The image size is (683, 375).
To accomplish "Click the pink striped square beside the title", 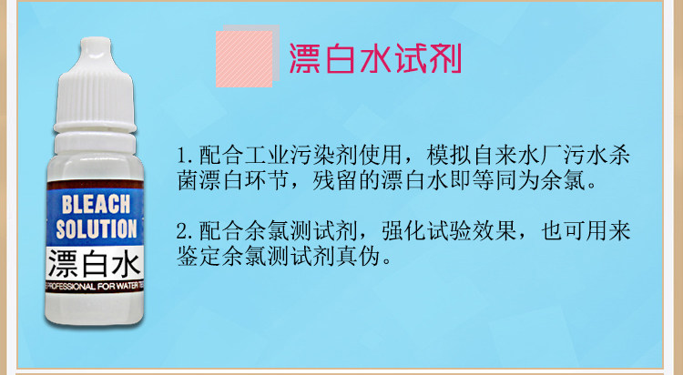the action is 244,59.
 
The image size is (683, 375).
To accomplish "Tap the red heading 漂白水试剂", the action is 375,58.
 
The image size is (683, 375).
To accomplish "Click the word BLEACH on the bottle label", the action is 96,204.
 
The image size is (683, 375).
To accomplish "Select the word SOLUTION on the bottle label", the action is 97,229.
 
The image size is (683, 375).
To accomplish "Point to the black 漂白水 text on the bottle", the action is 95,264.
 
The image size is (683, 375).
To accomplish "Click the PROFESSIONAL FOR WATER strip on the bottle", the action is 95,287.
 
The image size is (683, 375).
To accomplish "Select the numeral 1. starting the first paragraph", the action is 187,156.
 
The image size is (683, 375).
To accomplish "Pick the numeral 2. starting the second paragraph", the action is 187,231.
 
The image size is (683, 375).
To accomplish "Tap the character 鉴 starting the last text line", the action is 188,257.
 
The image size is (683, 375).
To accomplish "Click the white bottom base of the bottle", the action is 95,309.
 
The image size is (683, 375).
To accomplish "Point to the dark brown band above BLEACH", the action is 95,185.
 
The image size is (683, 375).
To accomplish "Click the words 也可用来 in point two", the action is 586,231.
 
